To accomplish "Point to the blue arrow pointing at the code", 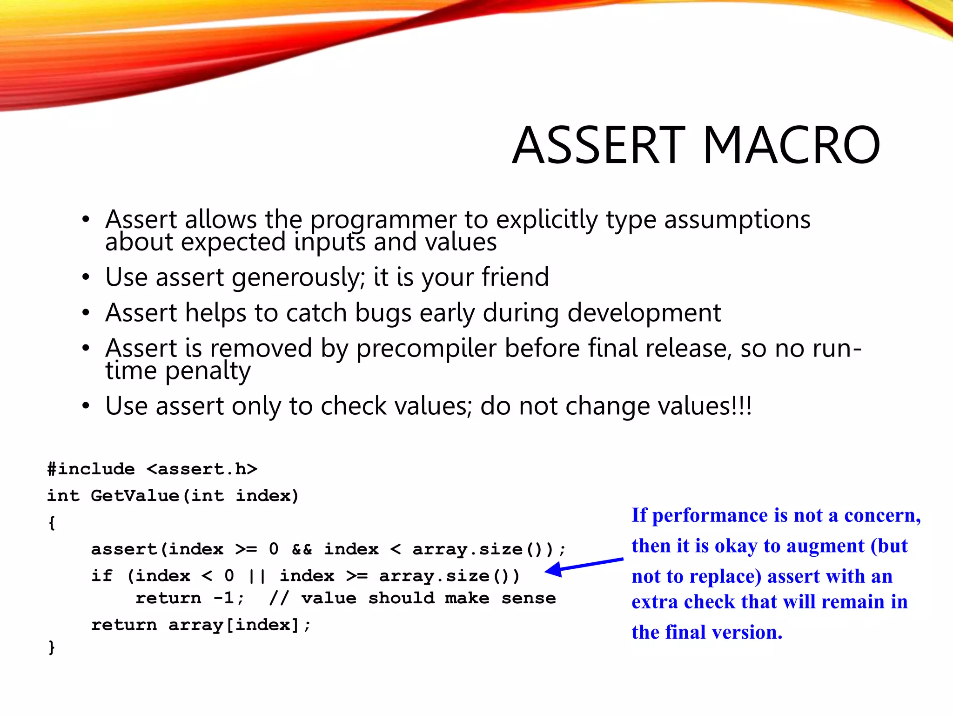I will point(584,566).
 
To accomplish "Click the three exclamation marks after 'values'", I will point(742,405).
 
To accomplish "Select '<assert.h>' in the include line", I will point(202,469).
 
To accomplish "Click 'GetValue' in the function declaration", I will point(135,495).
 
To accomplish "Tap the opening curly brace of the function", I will point(52,522).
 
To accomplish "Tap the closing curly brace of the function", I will point(52,647).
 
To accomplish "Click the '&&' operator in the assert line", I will point(302,549).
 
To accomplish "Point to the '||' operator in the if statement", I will point(257,576).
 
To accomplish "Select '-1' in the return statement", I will point(224,598).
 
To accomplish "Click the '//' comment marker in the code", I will point(279,598).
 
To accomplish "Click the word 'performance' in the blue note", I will point(710,515).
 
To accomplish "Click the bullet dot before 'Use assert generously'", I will point(85,277).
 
